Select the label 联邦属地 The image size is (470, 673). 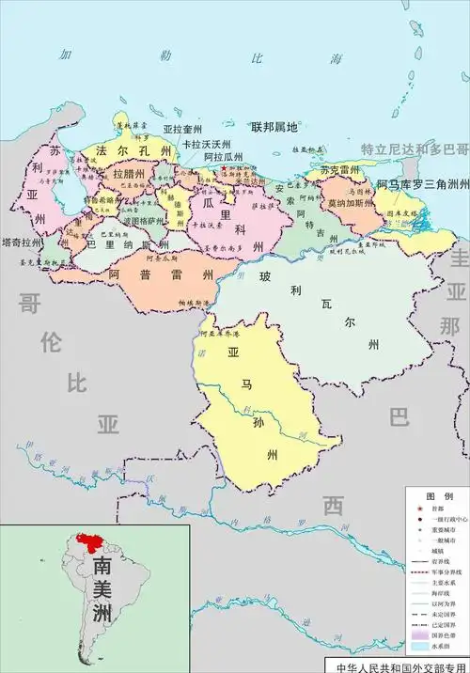pos(274,126)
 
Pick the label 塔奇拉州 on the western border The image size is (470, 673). pos(18,242)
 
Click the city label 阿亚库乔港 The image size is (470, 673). pos(218,334)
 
